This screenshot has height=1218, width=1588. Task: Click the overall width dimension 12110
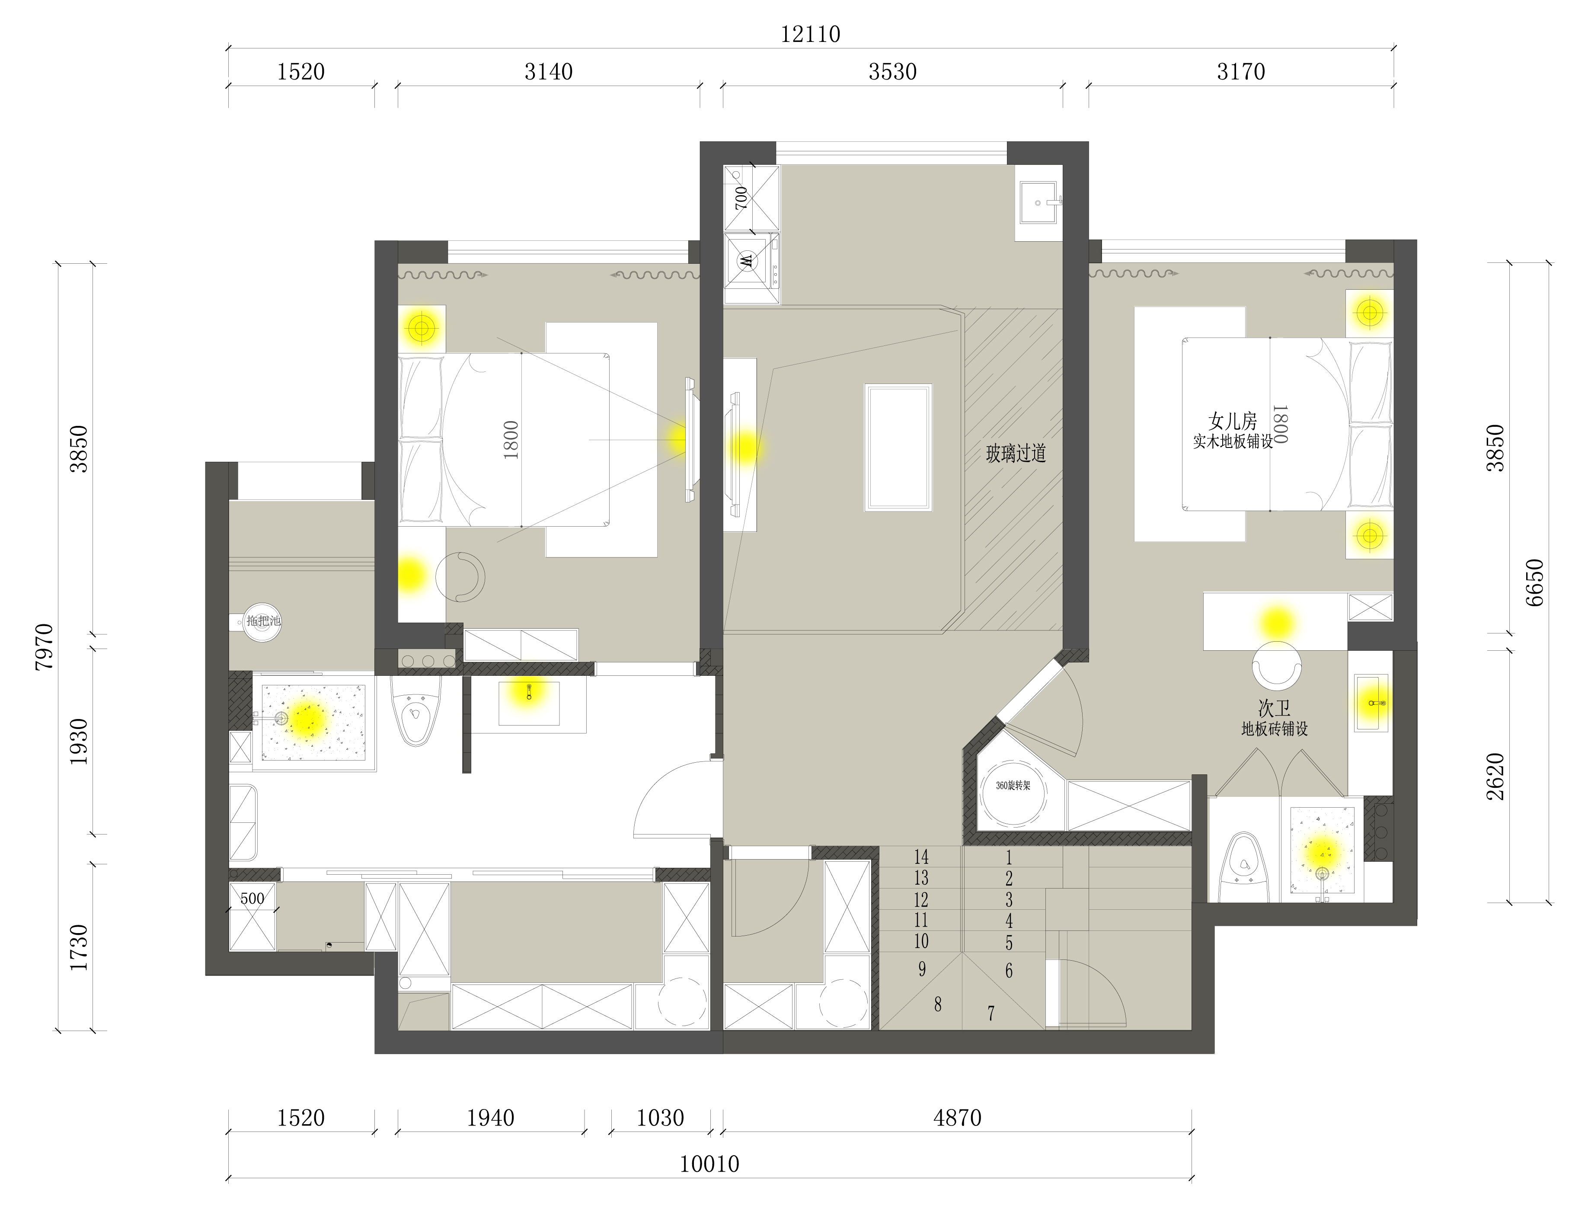point(810,34)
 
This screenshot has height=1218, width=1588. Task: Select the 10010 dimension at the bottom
point(709,1164)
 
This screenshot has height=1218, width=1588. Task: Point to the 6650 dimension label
point(1534,583)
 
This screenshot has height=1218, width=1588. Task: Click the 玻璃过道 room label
point(1016,454)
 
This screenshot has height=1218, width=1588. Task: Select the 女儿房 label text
point(1232,421)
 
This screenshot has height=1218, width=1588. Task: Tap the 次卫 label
point(1274,708)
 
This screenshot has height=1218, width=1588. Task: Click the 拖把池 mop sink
point(261,621)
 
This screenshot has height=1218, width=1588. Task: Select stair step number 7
point(991,1013)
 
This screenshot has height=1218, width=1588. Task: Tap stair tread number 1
point(1008,858)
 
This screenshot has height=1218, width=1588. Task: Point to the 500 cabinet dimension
point(252,899)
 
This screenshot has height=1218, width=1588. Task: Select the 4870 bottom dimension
point(957,1118)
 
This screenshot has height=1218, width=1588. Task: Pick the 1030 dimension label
point(660,1118)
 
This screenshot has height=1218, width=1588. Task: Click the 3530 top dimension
point(893,72)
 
